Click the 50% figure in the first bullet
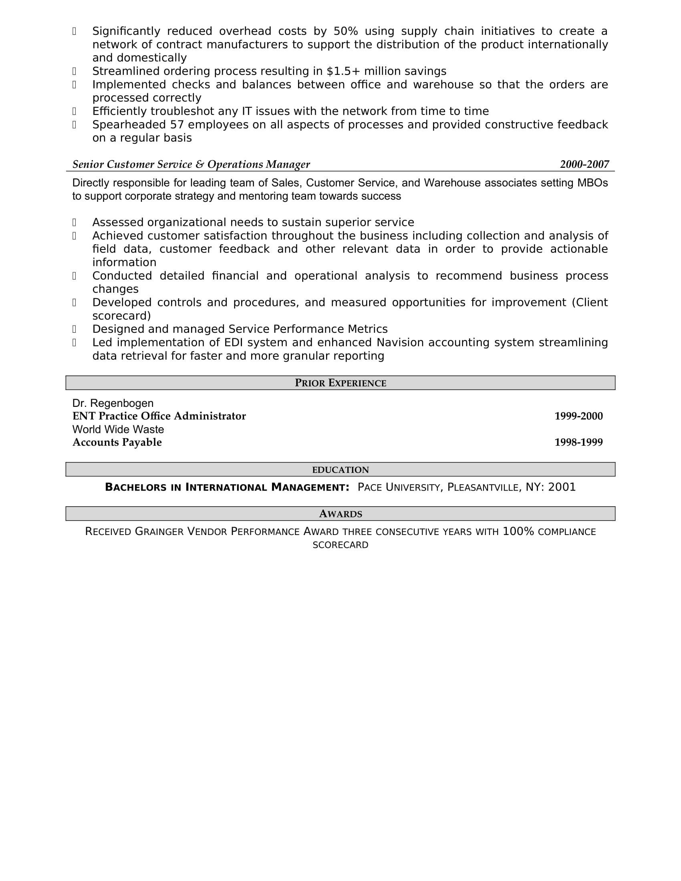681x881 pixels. pyautogui.click(x=346, y=32)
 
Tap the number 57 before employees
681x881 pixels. pyautogui.click(x=177, y=125)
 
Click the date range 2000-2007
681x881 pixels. pyautogui.click(x=584, y=165)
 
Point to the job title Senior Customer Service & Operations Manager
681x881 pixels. pyautogui.click(x=191, y=165)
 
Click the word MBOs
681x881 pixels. pyautogui.click(x=592, y=183)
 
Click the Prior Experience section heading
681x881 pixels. pyautogui.click(x=340, y=383)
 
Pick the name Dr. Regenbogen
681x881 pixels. pyautogui.click(x=113, y=403)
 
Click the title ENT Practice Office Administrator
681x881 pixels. pyautogui.click(x=159, y=416)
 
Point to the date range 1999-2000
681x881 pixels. pyautogui.click(x=578, y=416)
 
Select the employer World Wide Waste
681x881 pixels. pyautogui.click(x=118, y=430)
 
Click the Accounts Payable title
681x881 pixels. pyautogui.click(x=117, y=443)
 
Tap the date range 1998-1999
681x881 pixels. pyautogui.click(x=578, y=443)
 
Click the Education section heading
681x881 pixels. pyautogui.click(x=340, y=470)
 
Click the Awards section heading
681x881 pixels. pyautogui.click(x=340, y=514)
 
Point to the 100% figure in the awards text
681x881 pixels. pyautogui.click(x=518, y=532)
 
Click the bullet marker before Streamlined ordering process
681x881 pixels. pyautogui.click(x=74, y=71)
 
